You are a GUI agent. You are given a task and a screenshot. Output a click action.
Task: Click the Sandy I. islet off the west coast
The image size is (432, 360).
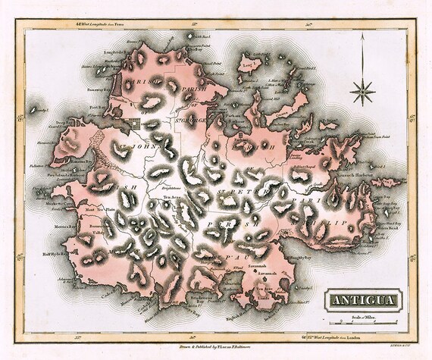click(x=34, y=109)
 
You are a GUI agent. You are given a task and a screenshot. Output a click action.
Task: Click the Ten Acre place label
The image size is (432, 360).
click(x=165, y=199)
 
